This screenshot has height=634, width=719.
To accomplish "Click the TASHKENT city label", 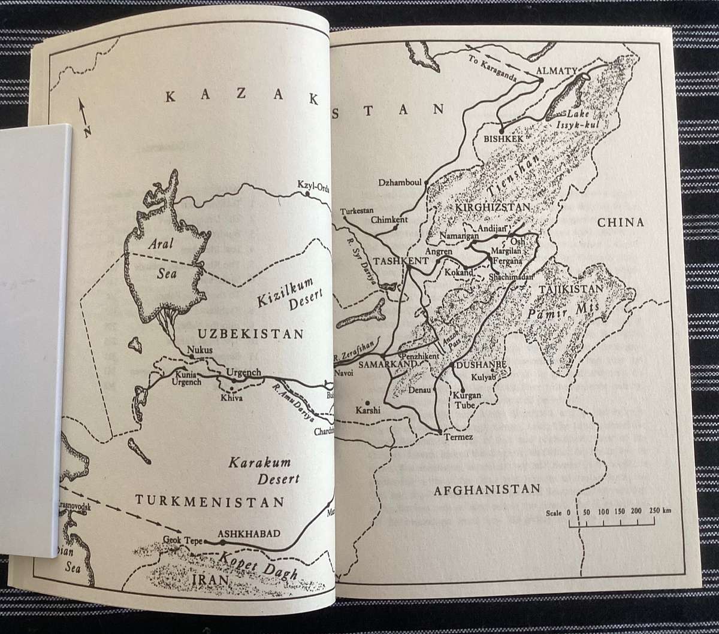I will click(x=392, y=262).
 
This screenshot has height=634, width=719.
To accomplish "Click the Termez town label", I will click(x=459, y=437).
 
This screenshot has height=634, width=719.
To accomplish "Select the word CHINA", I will click(x=620, y=222).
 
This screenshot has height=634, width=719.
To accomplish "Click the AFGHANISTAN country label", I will click(x=487, y=489).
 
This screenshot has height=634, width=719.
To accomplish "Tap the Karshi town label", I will click(x=368, y=411).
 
